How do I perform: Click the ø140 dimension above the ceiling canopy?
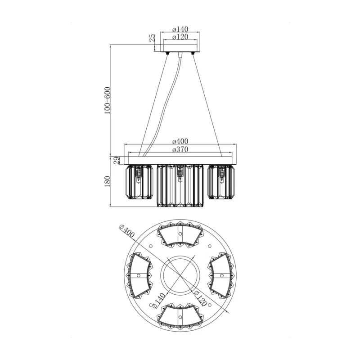(180, 29)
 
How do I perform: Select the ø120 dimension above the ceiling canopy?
(180, 37)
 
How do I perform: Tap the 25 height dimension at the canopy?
(152, 37)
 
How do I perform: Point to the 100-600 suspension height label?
(107, 100)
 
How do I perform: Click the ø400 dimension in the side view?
(180, 141)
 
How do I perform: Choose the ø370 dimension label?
(180, 149)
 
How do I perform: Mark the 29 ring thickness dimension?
(117, 160)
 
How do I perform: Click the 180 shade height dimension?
(107, 181)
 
